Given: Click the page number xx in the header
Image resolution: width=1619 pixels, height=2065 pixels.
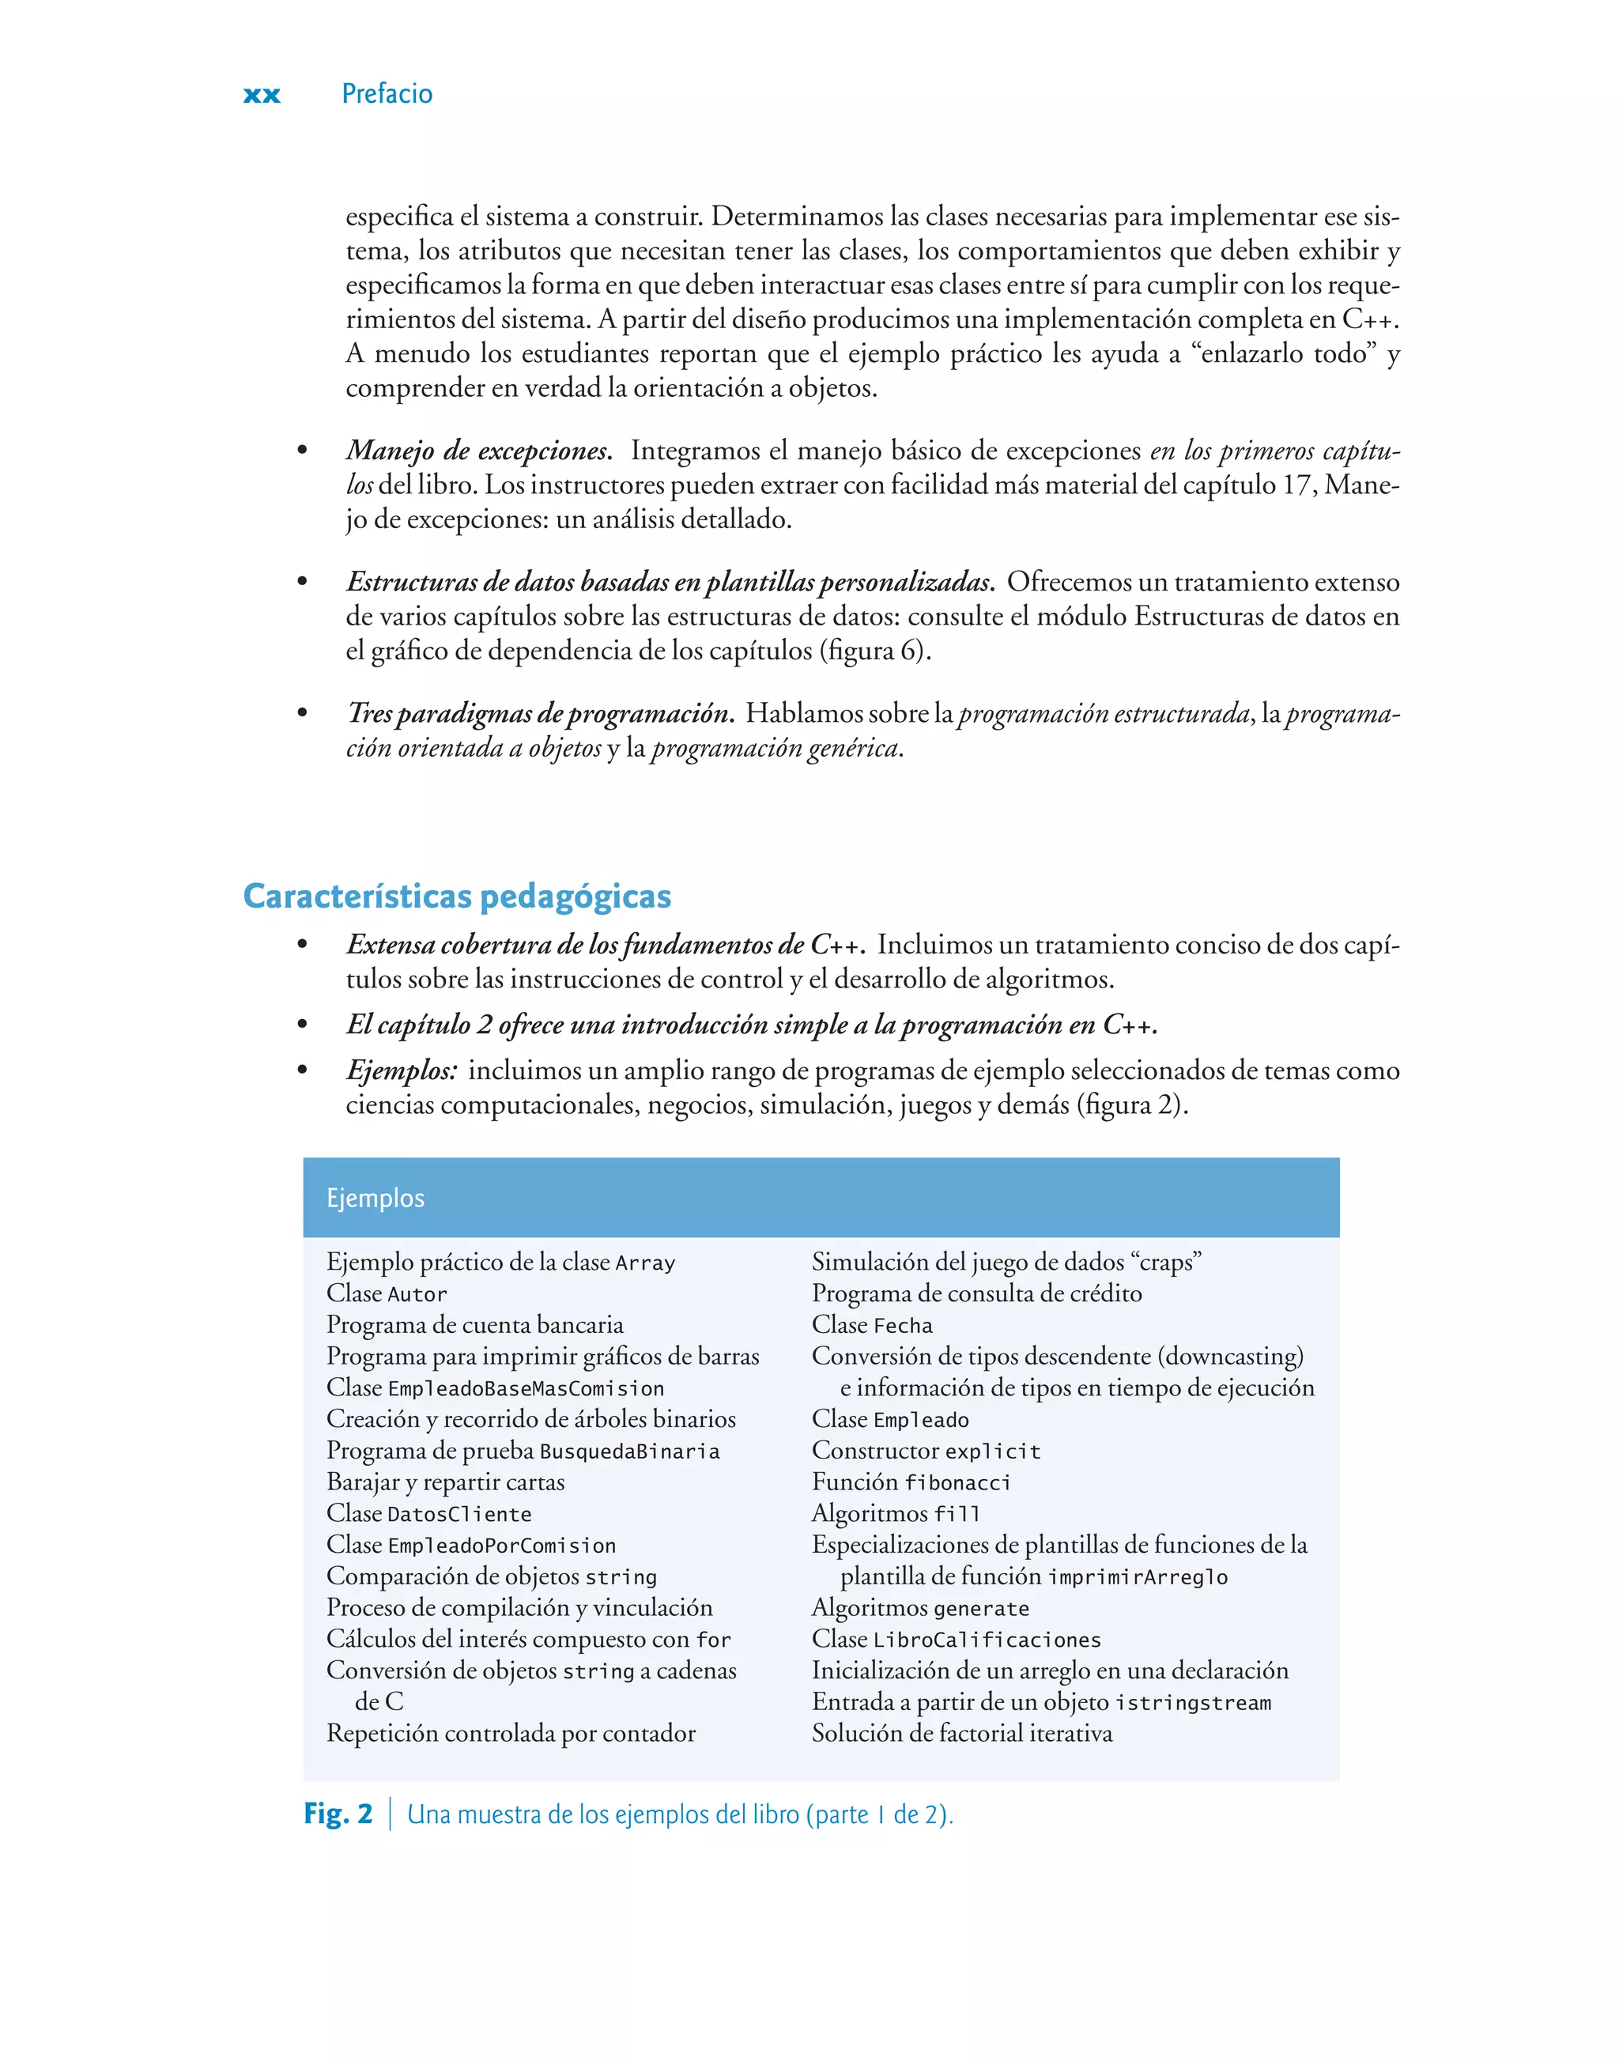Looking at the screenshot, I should tap(262, 95).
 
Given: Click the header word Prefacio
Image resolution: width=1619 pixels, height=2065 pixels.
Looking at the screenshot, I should tap(387, 94).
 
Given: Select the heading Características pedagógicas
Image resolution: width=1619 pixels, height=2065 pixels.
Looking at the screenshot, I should tap(457, 897).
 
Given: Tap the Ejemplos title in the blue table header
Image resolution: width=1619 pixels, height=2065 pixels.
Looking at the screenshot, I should tap(376, 1198).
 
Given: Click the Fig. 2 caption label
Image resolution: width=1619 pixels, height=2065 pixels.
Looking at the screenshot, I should tap(338, 1814).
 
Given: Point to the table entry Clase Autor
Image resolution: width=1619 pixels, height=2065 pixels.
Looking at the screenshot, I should tap(387, 1293).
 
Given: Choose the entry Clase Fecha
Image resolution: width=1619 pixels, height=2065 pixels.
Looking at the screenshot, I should tap(872, 1325).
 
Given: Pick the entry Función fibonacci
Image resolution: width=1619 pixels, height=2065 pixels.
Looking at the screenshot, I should tap(911, 1482).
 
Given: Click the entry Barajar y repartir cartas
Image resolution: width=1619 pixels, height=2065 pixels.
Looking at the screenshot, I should tap(446, 1482).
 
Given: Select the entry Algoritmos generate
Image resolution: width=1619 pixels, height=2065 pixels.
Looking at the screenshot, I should tap(920, 1608).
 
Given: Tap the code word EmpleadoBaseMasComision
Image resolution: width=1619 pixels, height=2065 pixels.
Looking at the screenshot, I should tap(526, 1388).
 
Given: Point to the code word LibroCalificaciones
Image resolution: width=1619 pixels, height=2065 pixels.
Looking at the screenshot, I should tap(987, 1640).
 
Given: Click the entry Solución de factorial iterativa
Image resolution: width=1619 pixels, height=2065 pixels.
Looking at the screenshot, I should tap(962, 1733).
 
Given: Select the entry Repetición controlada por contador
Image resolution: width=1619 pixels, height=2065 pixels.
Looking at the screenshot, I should tap(511, 1733).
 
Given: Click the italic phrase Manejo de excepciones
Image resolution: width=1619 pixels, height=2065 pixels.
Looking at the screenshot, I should tap(477, 450).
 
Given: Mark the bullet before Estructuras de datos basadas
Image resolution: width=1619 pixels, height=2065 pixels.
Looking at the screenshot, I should tap(303, 582).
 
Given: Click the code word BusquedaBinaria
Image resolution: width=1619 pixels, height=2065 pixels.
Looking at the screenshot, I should tap(629, 1451).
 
